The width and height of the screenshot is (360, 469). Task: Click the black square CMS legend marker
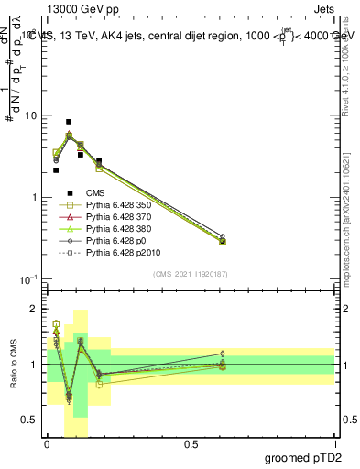69,192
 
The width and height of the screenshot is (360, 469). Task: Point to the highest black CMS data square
69,122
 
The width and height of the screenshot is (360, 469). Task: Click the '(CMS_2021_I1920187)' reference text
191,273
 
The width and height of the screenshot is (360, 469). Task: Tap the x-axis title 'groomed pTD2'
305,457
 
